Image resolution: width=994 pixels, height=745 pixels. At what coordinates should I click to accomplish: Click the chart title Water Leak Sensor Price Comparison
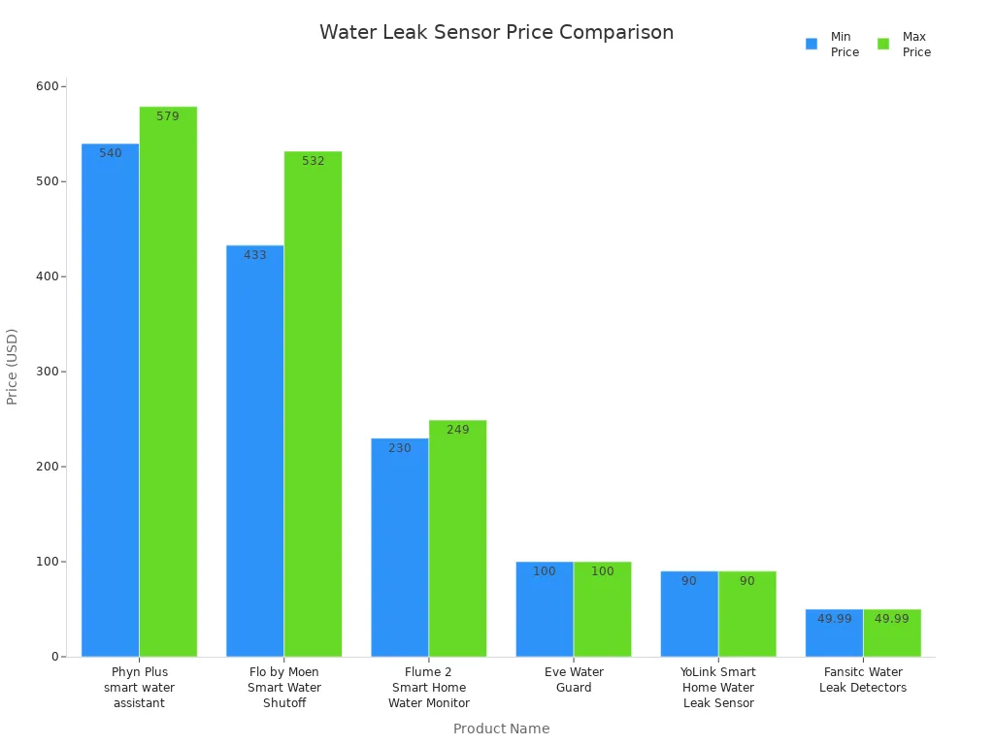pyautogui.click(x=496, y=32)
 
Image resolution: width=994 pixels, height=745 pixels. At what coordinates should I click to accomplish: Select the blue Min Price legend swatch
pyautogui.click(x=812, y=44)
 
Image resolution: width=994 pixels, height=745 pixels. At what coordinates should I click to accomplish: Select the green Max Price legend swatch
pyautogui.click(x=883, y=44)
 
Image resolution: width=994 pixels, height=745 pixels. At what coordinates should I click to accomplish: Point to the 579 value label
pyautogui.click(x=168, y=116)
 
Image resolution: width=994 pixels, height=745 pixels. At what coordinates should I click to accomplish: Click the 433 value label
pyautogui.click(x=255, y=255)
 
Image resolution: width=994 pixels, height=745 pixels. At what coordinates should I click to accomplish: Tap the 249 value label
pyautogui.click(x=458, y=430)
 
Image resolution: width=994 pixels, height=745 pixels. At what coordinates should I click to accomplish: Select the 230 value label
pyautogui.click(x=400, y=448)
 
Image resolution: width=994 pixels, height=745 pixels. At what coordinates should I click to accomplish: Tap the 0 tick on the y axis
pyautogui.click(x=55, y=657)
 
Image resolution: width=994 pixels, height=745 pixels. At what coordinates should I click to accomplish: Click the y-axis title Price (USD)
pyautogui.click(x=13, y=367)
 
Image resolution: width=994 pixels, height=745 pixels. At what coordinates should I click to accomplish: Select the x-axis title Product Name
pyautogui.click(x=501, y=729)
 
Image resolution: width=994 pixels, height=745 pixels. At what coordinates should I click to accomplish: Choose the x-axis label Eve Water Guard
pyautogui.click(x=574, y=680)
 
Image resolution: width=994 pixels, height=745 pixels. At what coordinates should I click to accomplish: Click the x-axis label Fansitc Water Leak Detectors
pyautogui.click(x=863, y=680)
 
